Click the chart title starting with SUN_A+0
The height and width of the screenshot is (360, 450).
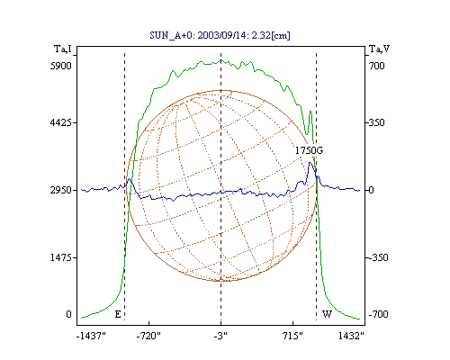click(220, 36)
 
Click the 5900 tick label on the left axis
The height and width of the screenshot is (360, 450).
click(61, 66)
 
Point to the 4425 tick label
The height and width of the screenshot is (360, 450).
click(61, 122)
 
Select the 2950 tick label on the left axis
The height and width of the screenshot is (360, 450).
click(61, 190)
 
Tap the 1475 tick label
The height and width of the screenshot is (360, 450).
click(61, 257)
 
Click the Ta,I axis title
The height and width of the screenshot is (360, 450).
click(63, 49)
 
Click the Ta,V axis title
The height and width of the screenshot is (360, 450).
click(379, 49)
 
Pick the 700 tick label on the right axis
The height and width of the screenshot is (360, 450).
click(376, 66)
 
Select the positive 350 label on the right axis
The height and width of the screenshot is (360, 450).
click(376, 122)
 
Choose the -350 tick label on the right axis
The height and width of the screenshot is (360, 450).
click(378, 257)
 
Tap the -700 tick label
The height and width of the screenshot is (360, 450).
click(378, 314)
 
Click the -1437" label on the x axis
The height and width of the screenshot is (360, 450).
click(91, 336)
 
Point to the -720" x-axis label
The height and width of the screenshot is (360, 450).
click(148, 336)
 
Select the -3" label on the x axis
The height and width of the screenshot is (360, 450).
click(220, 336)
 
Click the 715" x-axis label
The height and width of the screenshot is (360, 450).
click(292, 336)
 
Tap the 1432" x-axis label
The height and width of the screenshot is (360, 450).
click(351, 336)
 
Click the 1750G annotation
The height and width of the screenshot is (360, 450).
click(309, 150)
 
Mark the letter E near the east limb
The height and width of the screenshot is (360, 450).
click(118, 314)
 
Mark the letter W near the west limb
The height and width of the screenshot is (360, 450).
click(327, 314)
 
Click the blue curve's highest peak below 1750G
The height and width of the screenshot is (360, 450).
click(310, 163)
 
